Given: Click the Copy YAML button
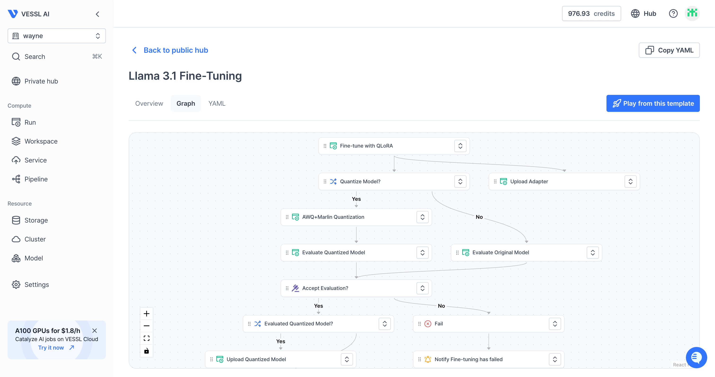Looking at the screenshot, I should click(669, 50).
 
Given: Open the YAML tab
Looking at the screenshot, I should click(217, 104).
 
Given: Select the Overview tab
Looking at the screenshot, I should click(149, 104).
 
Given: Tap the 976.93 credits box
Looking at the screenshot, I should click(591, 14).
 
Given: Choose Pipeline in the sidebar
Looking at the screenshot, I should click(36, 179).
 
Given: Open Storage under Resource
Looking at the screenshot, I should click(36, 220).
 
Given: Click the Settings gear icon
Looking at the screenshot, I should click(16, 285).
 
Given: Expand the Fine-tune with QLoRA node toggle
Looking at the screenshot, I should click(460, 146).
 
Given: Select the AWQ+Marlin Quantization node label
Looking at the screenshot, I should click(333, 217).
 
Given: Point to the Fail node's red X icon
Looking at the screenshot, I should click(428, 324).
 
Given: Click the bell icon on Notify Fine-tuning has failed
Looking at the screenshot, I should click(428, 359).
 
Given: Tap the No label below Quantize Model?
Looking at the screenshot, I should click(479, 217).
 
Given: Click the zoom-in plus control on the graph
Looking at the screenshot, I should click(147, 314).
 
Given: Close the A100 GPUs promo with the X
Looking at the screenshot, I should click(95, 331).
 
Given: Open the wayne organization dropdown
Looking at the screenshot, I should click(57, 36).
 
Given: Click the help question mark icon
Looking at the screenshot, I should click(673, 14).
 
